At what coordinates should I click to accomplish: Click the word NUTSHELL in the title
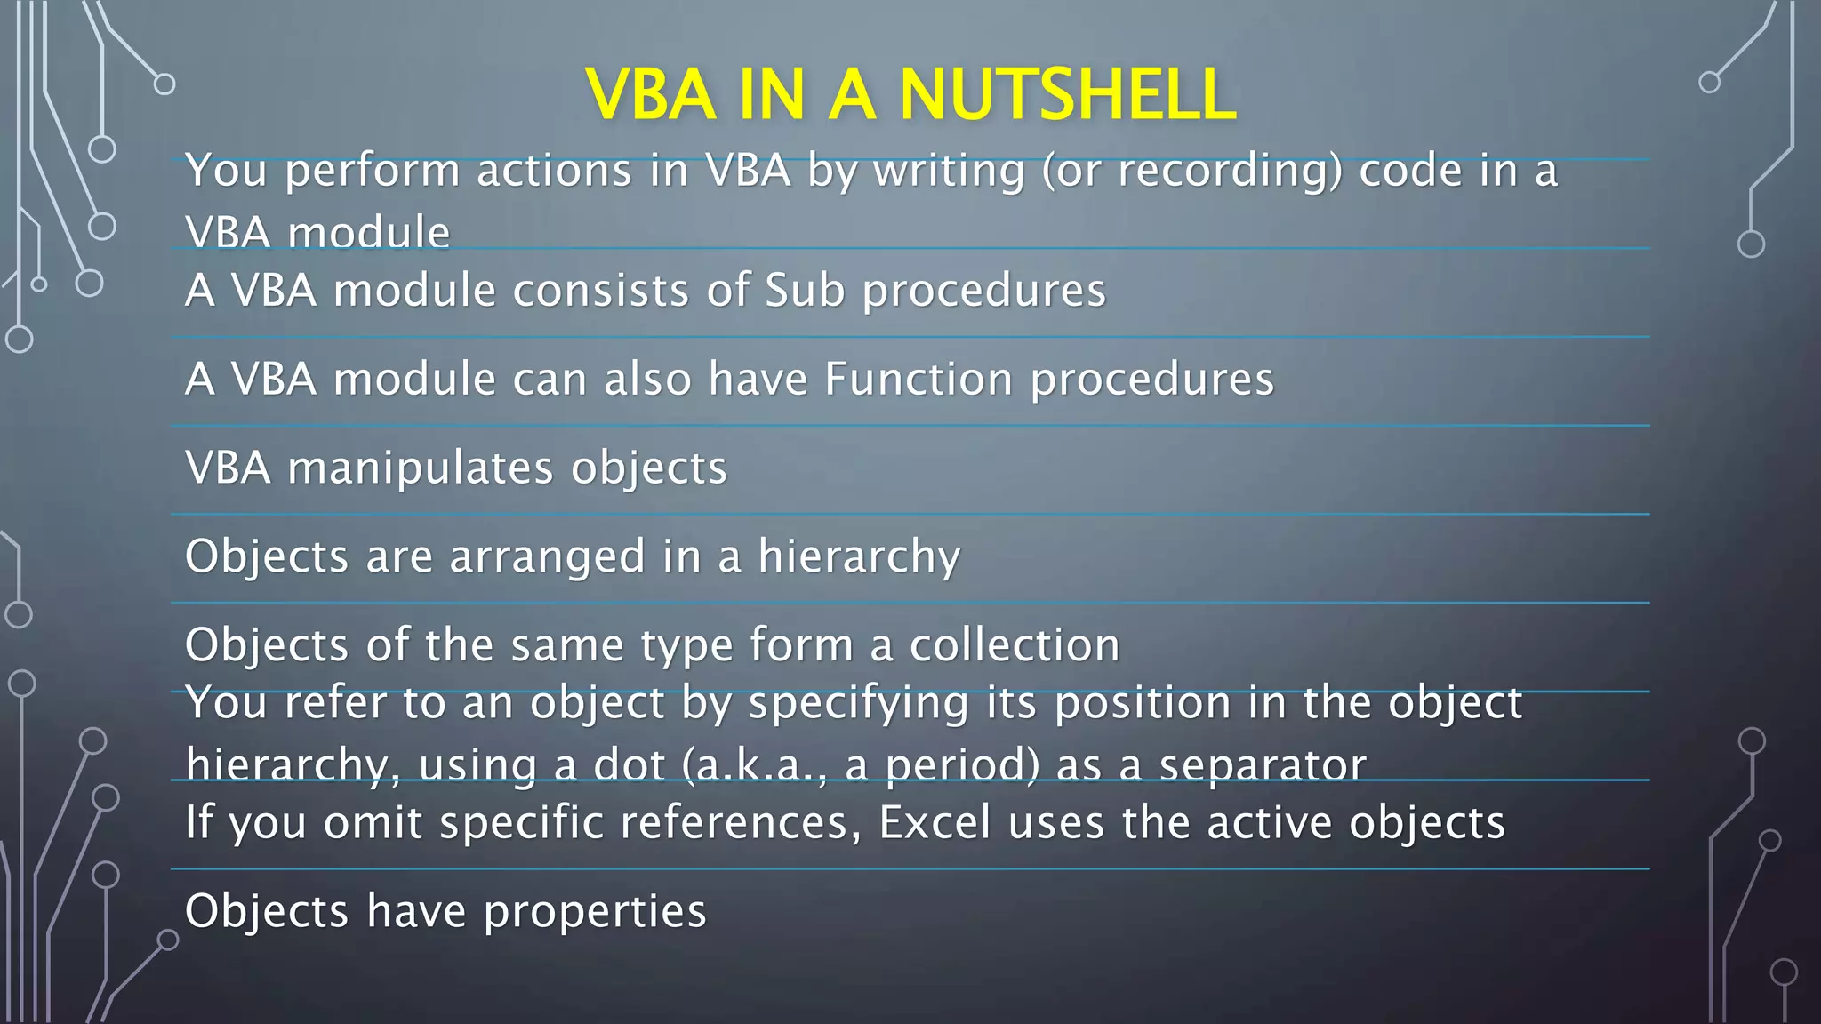(1067, 94)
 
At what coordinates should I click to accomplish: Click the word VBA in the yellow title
(651, 94)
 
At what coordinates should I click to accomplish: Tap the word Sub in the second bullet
(805, 291)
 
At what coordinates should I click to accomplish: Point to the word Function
(919, 380)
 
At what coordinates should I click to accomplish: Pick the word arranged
(547, 557)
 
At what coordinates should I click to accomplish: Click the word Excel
(935, 822)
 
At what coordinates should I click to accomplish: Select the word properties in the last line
(595, 911)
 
